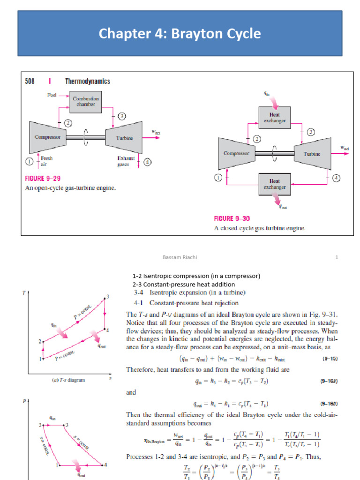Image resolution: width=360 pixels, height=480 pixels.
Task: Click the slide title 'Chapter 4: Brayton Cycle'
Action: click(x=180, y=34)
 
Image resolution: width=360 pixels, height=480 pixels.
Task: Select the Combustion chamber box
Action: click(x=86, y=101)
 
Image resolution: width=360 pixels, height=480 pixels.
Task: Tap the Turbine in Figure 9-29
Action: click(x=124, y=137)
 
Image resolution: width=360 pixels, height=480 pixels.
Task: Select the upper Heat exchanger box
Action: click(x=274, y=117)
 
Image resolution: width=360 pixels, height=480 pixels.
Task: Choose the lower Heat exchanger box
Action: click(x=274, y=184)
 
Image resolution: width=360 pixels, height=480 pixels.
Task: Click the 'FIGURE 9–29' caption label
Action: click(x=43, y=179)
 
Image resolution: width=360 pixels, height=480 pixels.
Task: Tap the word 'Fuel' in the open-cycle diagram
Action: click(x=52, y=95)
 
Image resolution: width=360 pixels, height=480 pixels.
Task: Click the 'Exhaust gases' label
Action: click(x=126, y=161)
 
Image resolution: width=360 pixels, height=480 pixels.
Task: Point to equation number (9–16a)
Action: click(x=329, y=381)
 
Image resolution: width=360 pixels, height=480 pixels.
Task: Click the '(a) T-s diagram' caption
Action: click(x=68, y=380)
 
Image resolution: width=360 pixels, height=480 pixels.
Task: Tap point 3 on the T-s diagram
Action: click(x=108, y=296)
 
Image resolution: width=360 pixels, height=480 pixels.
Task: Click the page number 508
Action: click(x=31, y=82)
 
